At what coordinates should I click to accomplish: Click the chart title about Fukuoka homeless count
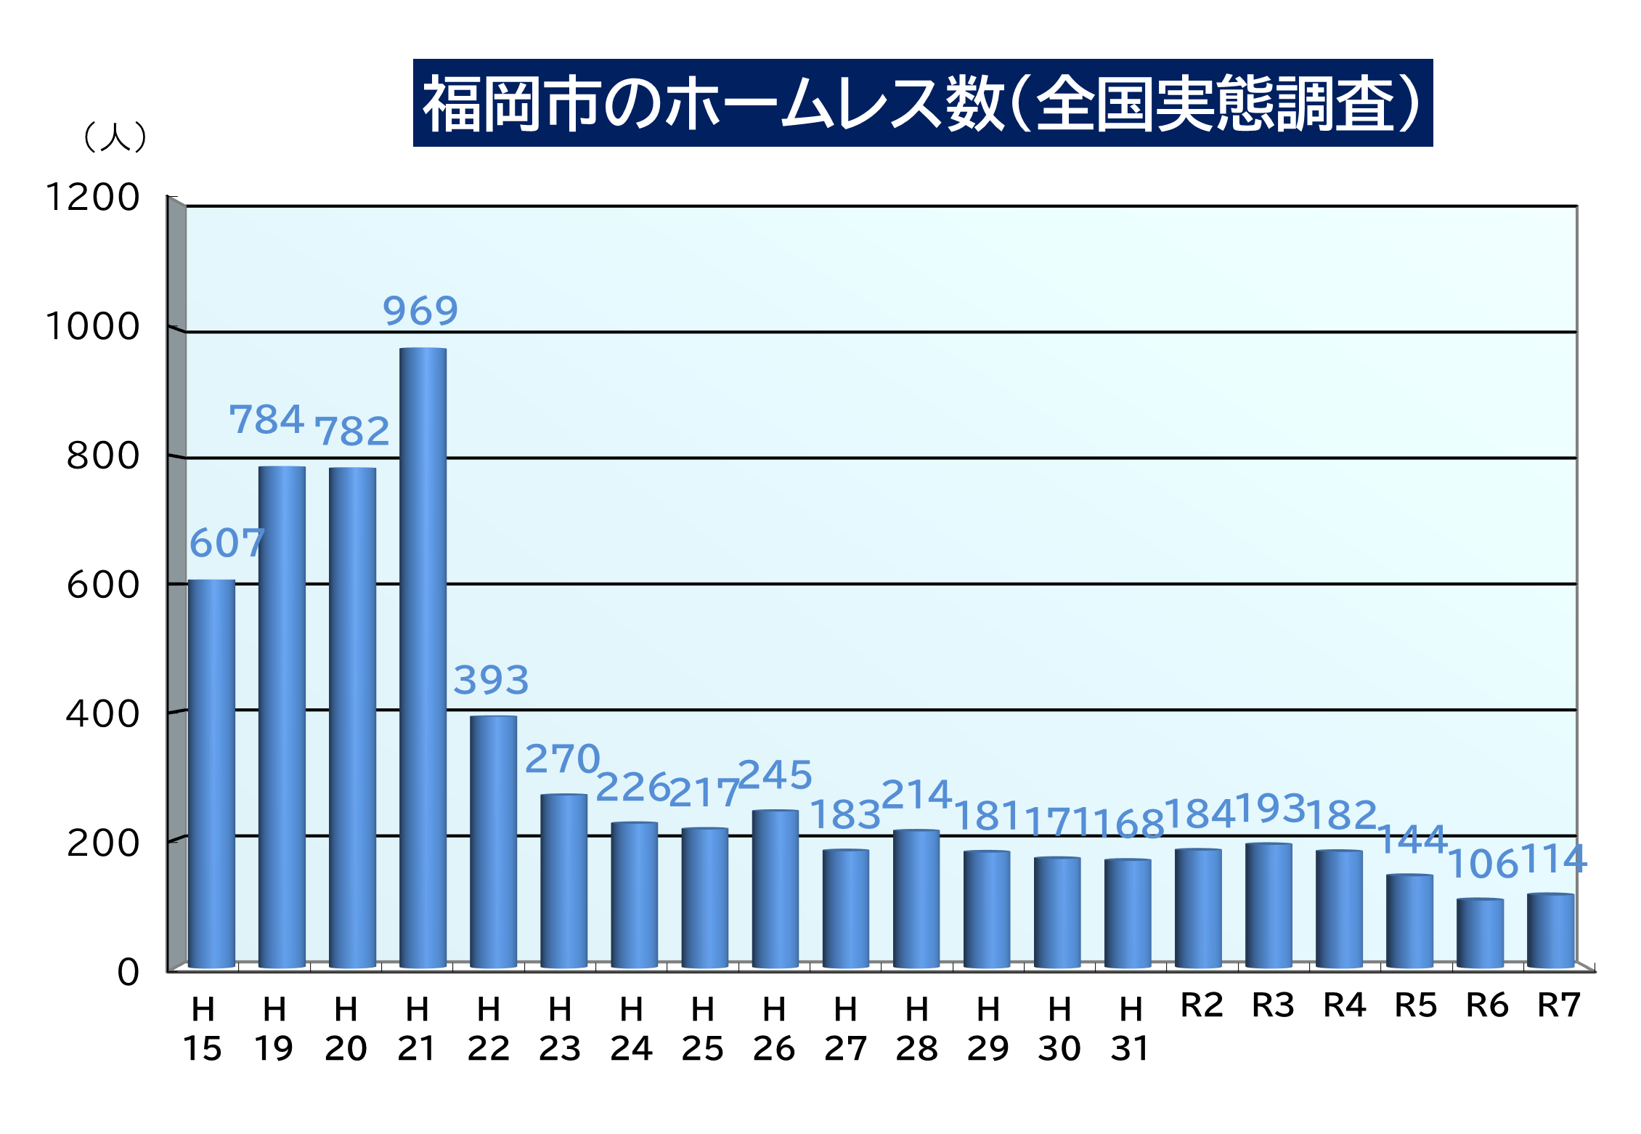click(922, 103)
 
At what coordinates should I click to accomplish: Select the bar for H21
click(423, 657)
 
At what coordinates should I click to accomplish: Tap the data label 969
click(420, 311)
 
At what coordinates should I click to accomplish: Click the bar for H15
click(211, 774)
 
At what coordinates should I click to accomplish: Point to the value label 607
click(227, 543)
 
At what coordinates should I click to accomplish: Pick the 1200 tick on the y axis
click(92, 198)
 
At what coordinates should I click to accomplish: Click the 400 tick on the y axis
click(102, 714)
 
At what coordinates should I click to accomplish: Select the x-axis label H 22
click(489, 1029)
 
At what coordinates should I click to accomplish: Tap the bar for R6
click(1480, 933)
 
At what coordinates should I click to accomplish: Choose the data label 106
click(1483, 864)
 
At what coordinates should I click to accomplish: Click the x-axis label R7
click(1559, 1006)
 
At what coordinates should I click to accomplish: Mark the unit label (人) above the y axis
click(115, 137)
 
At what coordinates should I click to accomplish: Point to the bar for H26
click(775, 888)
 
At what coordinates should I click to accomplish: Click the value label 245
click(775, 775)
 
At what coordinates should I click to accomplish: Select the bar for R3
click(1269, 905)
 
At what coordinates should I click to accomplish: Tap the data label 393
click(491, 681)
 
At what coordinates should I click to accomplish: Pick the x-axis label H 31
click(1130, 1029)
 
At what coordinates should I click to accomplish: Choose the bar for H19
click(282, 717)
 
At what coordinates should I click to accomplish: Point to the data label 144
click(1412, 841)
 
